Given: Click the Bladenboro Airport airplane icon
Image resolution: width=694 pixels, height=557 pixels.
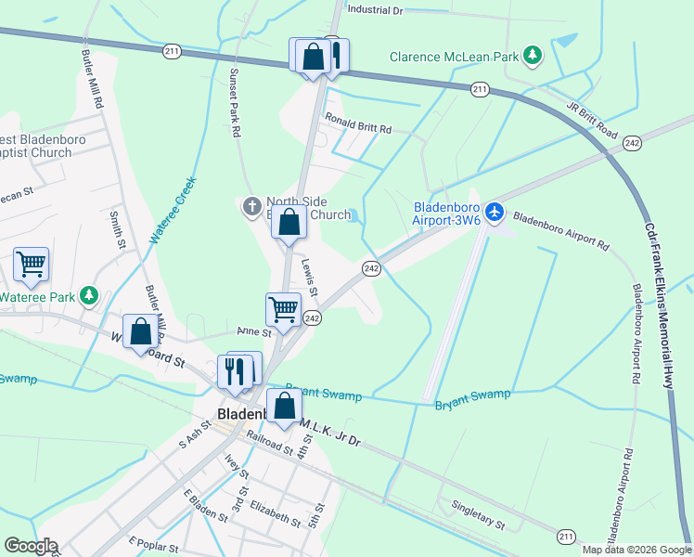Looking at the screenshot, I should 495,213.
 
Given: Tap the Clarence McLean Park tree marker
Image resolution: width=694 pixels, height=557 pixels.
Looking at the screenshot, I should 533,57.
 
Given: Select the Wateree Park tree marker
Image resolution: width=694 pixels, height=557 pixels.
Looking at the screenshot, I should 89,296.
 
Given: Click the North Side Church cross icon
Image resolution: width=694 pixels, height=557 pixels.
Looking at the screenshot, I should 251,206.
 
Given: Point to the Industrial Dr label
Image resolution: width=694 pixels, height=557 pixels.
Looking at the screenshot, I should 375,10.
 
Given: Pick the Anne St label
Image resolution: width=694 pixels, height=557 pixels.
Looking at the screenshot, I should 253,331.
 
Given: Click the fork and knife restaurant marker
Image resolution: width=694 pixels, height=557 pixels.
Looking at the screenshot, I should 235,370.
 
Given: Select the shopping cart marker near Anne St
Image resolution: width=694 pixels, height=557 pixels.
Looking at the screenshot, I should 283,309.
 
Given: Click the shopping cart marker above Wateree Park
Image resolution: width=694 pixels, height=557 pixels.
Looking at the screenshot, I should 32,266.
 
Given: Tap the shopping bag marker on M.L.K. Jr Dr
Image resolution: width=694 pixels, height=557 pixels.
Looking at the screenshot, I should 284,406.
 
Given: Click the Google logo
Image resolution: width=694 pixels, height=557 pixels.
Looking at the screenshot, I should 32,546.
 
